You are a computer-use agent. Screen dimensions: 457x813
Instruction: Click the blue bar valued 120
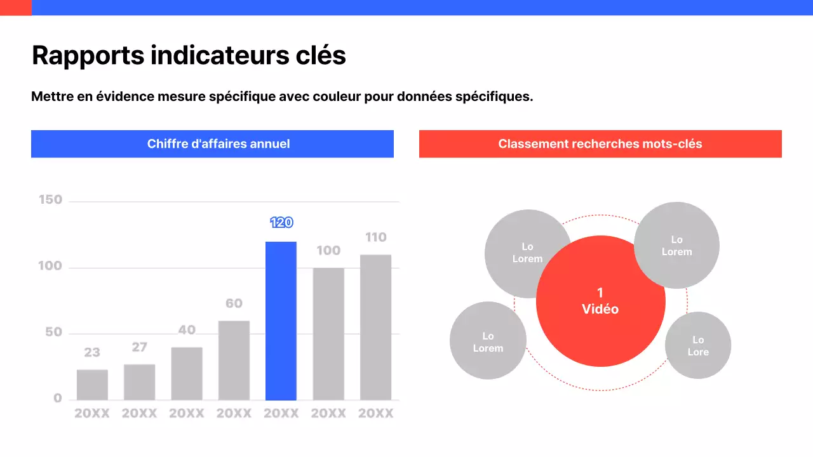tap(281, 321)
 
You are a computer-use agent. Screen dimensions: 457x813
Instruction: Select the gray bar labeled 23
tap(92, 385)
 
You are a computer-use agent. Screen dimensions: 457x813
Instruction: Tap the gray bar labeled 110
tap(375, 327)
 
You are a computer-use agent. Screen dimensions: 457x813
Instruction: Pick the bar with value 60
tap(234, 360)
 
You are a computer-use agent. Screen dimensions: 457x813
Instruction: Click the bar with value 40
tap(187, 373)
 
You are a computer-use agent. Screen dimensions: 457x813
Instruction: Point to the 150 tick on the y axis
tap(51, 200)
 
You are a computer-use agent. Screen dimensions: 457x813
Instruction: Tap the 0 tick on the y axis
tap(58, 399)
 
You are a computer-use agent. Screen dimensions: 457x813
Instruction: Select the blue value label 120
tap(281, 222)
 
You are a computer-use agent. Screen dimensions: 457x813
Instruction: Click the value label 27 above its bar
tap(139, 347)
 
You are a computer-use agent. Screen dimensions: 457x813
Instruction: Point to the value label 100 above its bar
tap(328, 251)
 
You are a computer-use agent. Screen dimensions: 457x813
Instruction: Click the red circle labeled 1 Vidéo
tap(600, 301)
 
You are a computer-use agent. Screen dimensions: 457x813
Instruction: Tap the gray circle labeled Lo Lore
tap(698, 346)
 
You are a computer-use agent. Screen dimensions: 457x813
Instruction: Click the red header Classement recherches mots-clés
tap(600, 144)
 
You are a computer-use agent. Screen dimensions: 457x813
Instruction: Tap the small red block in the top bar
tap(15, 8)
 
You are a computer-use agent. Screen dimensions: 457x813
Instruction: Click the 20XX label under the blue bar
tap(281, 414)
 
